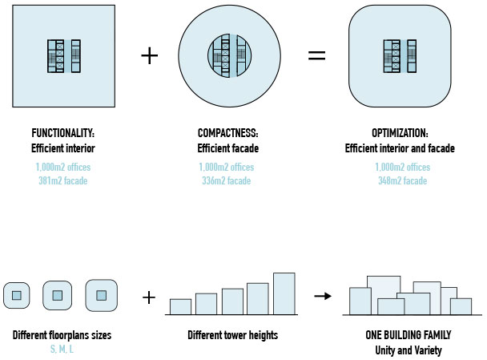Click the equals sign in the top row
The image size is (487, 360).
pyautogui.click(x=317, y=55)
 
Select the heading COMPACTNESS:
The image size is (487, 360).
pyautogui.click(x=227, y=132)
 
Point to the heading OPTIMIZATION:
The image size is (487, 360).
pyautogui.click(x=400, y=132)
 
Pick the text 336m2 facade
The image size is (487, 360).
pyautogui.click(x=227, y=180)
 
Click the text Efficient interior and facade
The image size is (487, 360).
pyautogui.click(x=400, y=148)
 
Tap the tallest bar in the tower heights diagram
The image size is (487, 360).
pyautogui.click(x=284, y=293)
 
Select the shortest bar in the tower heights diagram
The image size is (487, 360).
pyautogui.click(x=180, y=306)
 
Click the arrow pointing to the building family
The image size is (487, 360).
pyautogui.click(x=322, y=297)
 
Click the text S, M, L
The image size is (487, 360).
pyautogui.click(x=61, y=350)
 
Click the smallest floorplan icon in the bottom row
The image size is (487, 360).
pyautogui.click(x=16, y=296)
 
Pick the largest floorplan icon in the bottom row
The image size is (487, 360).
pyautogui.click(x=101, y=295)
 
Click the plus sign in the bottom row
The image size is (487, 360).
pyautogui.click(x=148, y=297)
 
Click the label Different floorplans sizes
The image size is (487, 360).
pyautogui.click(x=61, y=335)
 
